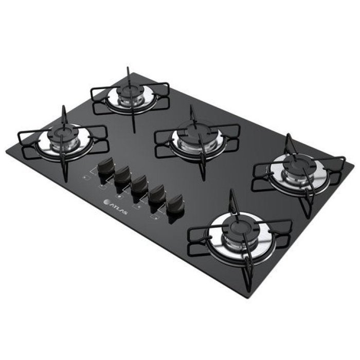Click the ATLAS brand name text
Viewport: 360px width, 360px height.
pyautogui.click(x=119, y=208)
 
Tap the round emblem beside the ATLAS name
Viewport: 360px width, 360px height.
pyautogui.click(x=107, y=202)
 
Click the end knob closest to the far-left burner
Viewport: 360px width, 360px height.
pyautogui.click(x=106, y=167)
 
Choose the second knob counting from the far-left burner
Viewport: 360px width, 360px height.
pyautogui.click(x=122, y=175)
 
